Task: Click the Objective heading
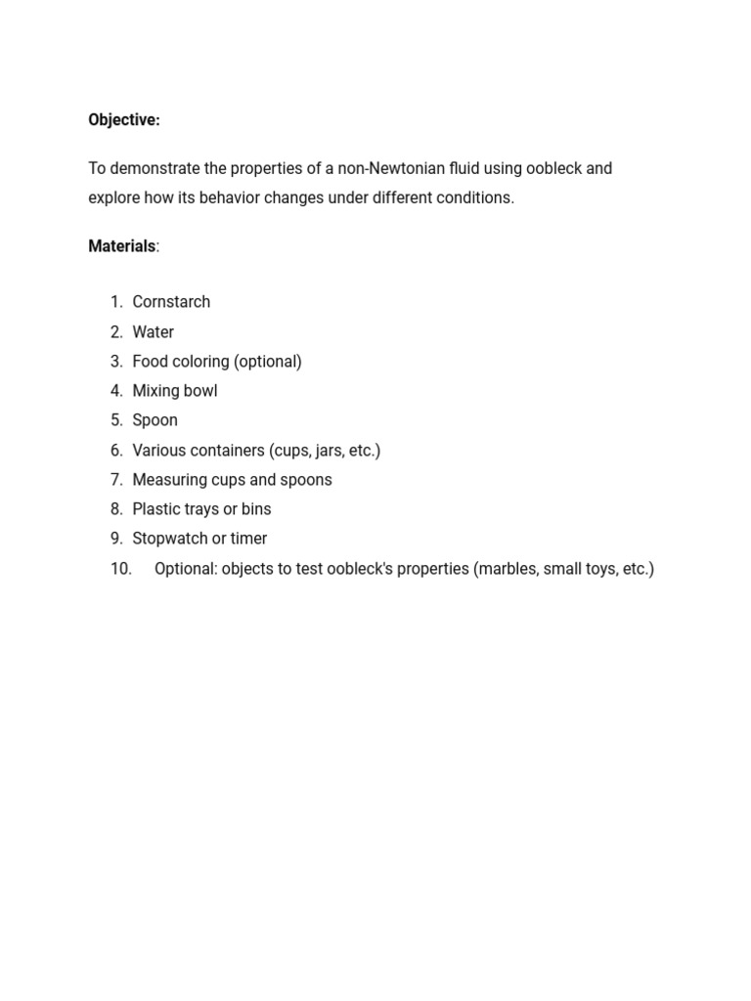coord(124,119)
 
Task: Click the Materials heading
coord(122,246)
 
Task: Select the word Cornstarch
coord(171,302)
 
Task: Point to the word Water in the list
coord(154,332)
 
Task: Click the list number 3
coord(116,362)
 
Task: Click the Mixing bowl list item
coord(175,391)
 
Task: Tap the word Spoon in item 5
coord(155,420)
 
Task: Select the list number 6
coord(116,451)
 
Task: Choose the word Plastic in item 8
coord(157,509)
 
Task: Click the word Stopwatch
coord(170,539)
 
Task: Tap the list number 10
coord(121,569)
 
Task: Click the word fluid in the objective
coord(457,168)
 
